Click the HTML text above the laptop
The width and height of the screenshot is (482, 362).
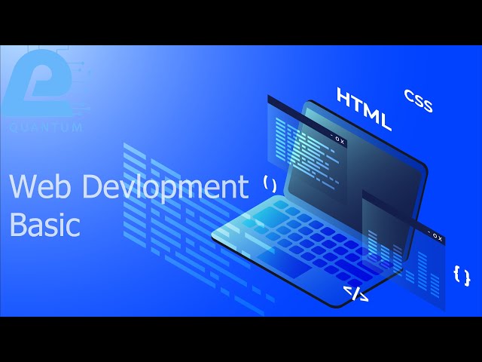365,109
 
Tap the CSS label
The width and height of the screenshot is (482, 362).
418,101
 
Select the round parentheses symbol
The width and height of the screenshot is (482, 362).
270,182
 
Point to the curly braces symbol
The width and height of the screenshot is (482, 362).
462,276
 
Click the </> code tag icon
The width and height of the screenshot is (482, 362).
355,293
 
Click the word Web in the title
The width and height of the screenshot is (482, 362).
38,187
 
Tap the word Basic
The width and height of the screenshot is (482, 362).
44,225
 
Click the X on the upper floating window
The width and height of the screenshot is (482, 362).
342,140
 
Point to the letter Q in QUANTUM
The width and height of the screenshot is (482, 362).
13,128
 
